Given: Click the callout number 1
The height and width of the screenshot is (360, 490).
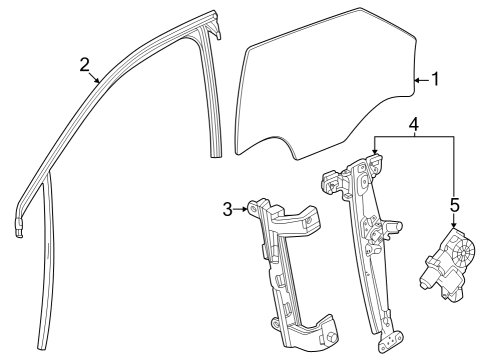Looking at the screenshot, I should coord(433,80).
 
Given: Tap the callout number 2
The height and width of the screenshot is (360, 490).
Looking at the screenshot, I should coord(85,65).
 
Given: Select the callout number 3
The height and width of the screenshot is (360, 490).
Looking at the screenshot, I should coord(228,208).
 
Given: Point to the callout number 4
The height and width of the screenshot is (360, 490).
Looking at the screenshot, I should coord(413,126).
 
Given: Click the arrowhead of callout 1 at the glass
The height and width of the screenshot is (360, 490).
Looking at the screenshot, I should coord(414,80).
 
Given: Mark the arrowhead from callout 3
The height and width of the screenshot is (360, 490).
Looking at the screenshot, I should coord(246,208).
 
